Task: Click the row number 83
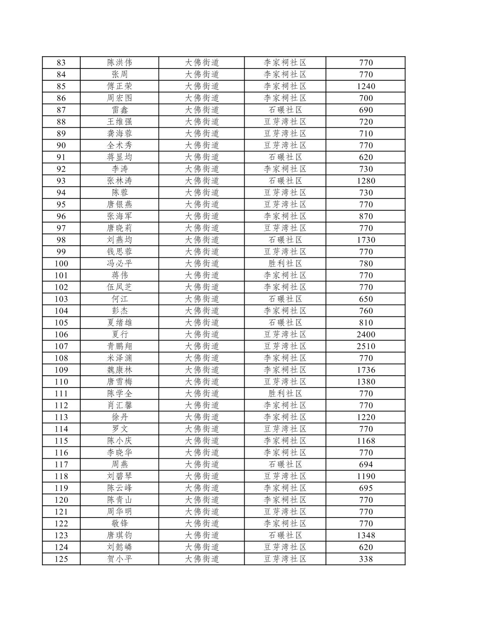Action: pos(61,63)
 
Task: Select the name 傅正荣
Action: pos(120,86)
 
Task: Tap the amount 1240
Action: pos(366,86)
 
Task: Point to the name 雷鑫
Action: pos(120,110)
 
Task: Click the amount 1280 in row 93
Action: pos(366,181)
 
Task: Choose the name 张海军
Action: pos(120,216)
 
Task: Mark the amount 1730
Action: pos(366,240)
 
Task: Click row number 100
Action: pos(61,264)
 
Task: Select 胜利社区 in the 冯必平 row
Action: pos(285,264)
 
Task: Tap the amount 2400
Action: pos(366,334)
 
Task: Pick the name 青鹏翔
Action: pos(120,346)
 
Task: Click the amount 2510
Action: pos(366,346)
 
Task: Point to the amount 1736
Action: pos(366,370)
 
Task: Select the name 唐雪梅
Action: pos(120,382)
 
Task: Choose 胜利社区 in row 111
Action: pos(285,394)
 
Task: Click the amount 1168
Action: pos(366,441)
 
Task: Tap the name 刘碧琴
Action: pos(120,476)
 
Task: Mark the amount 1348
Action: pos(366,535)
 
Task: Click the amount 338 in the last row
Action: pos(366,559)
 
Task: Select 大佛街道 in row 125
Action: pos(202,559)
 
